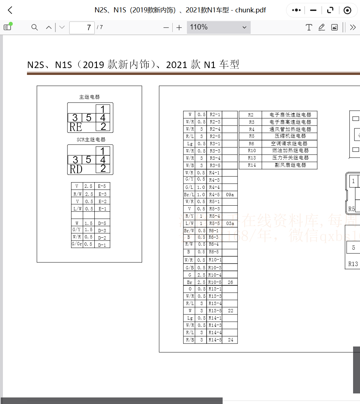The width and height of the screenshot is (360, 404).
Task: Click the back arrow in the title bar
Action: pyautogui.click(x=10, y=10)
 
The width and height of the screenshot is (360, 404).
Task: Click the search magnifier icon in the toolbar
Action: pyautogui.click(x=35, y=27)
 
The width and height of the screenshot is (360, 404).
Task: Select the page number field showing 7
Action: pyautogui.click(x=82, y=27)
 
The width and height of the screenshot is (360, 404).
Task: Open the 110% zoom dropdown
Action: pyautogui.click(x=219, y=27)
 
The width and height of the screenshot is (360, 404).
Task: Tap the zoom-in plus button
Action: pyautogui.click(x=179, y=27)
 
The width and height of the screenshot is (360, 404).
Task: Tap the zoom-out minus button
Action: pyautogui.click(x=166, y=27)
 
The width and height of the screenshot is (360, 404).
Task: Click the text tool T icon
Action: pyautogui.click(x=309, y=27)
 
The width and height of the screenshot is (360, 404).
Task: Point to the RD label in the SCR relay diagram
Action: pyautogui.click(x=76, y=169)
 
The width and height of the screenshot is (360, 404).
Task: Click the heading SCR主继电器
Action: pyautogui.click(x=90, y=139)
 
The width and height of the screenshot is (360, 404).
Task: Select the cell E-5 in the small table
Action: pyautogui.click(x=102, y=186)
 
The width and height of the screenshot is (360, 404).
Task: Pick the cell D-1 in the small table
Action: pyautogui.click(x=102, y=245)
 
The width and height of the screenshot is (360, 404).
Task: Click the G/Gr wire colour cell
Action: pyautogui.click(x=77, y=244)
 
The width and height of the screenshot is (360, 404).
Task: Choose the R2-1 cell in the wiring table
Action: pyautogui.click(x=215, y=115)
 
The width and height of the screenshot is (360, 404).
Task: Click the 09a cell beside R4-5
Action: pyautogui.click(x=230, y=195)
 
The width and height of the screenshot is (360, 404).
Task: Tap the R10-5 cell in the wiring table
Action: pyautogui.click(x=215, y=282)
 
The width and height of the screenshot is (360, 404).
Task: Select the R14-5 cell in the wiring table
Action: pyautogui.click(x=215, y=340)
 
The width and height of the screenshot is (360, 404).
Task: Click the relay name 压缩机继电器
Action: pyautogui.click(x=290, y=136)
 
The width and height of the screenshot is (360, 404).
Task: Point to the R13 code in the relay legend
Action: pyautogui.click(x=252, y=158)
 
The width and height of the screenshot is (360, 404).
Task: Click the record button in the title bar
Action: pyautogui.click(x=347, y=10)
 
